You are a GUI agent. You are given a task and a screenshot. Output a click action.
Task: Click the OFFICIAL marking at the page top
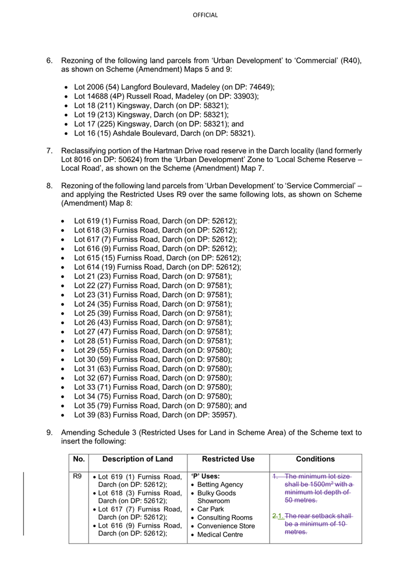[x=205, y=15]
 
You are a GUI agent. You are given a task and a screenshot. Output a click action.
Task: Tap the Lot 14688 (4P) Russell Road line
[x=166, y=96]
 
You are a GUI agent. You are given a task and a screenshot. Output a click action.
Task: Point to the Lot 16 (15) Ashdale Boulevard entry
[x=164, y=133]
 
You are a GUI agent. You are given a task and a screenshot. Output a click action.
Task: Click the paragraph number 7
[x=49, y=151]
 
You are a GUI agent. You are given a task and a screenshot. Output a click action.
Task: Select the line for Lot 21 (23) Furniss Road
[x=153, y=276]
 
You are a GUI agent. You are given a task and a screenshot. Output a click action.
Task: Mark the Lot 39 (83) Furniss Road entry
[x=155, y=415]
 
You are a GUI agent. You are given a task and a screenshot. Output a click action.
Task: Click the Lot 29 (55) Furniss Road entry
[x=153, y=350]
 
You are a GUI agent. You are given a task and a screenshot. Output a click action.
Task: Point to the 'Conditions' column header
[x=316, y=459]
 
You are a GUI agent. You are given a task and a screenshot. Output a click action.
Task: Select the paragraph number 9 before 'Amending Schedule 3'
[x=49, y=433]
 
